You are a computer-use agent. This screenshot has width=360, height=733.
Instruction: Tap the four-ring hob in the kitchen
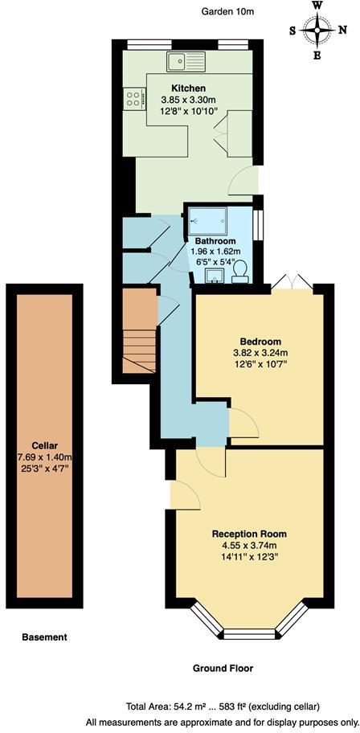pos(132,99)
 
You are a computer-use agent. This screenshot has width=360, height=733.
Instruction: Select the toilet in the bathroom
pos(239,276)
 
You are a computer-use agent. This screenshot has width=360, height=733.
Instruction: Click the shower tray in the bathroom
pos(207,220)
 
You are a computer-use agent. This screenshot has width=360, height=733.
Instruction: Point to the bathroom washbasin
pos(214,277)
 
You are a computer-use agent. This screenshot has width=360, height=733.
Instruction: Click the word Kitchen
pos(188,88)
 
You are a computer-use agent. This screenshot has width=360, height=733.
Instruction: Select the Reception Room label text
pos(249,534)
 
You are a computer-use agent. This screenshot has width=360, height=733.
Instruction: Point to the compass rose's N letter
pos(344,31)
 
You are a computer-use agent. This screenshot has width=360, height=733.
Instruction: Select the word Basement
pos(45,637)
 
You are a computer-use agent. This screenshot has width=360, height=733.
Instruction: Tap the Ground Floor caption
pos(223,668)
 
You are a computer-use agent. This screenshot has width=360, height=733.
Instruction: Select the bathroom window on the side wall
pos(259,224)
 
